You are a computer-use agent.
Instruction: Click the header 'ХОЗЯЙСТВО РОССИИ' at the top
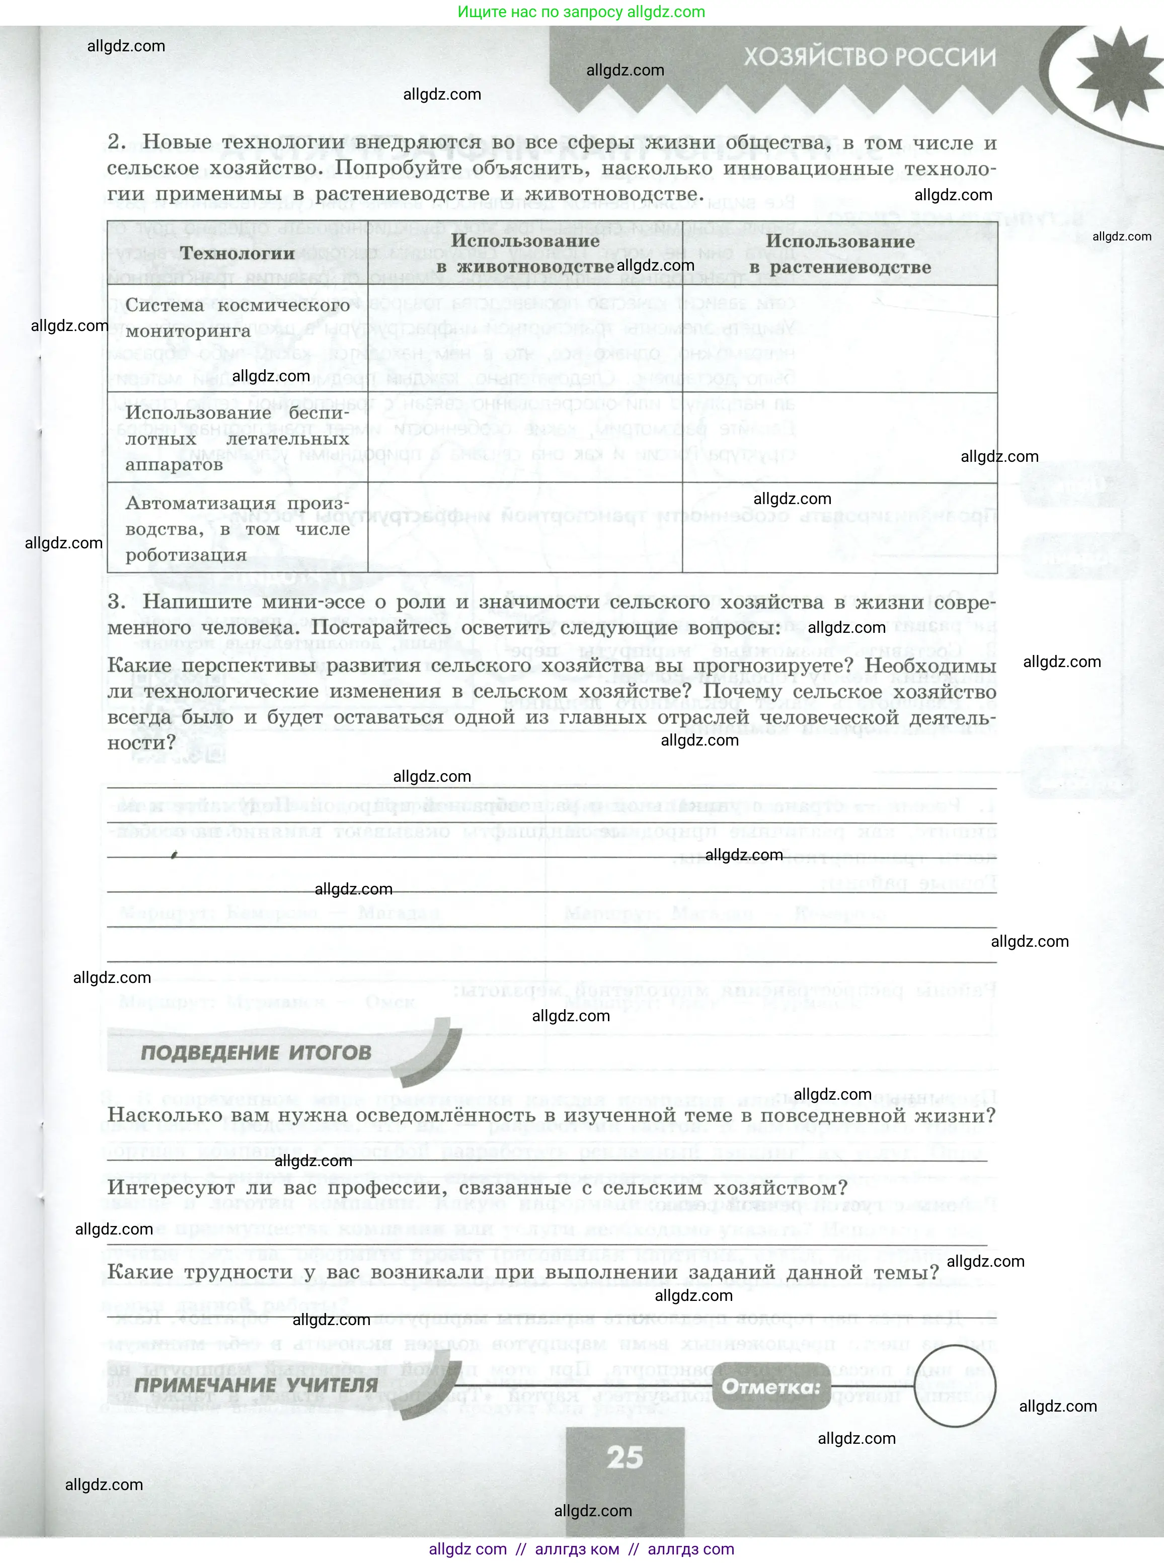870,57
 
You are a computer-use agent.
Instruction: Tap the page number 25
625,1457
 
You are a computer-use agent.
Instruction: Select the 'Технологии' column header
237,254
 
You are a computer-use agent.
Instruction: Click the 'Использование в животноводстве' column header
525,254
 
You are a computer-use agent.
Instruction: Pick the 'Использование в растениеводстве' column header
840,254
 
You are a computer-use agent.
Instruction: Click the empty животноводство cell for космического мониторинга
525,339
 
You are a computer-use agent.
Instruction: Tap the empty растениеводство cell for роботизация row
840,528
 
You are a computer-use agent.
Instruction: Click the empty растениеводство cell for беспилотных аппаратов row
840,438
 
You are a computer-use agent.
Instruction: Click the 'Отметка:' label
771,1387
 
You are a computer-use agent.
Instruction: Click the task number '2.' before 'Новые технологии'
117,142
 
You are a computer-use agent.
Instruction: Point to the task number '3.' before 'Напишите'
117,602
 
